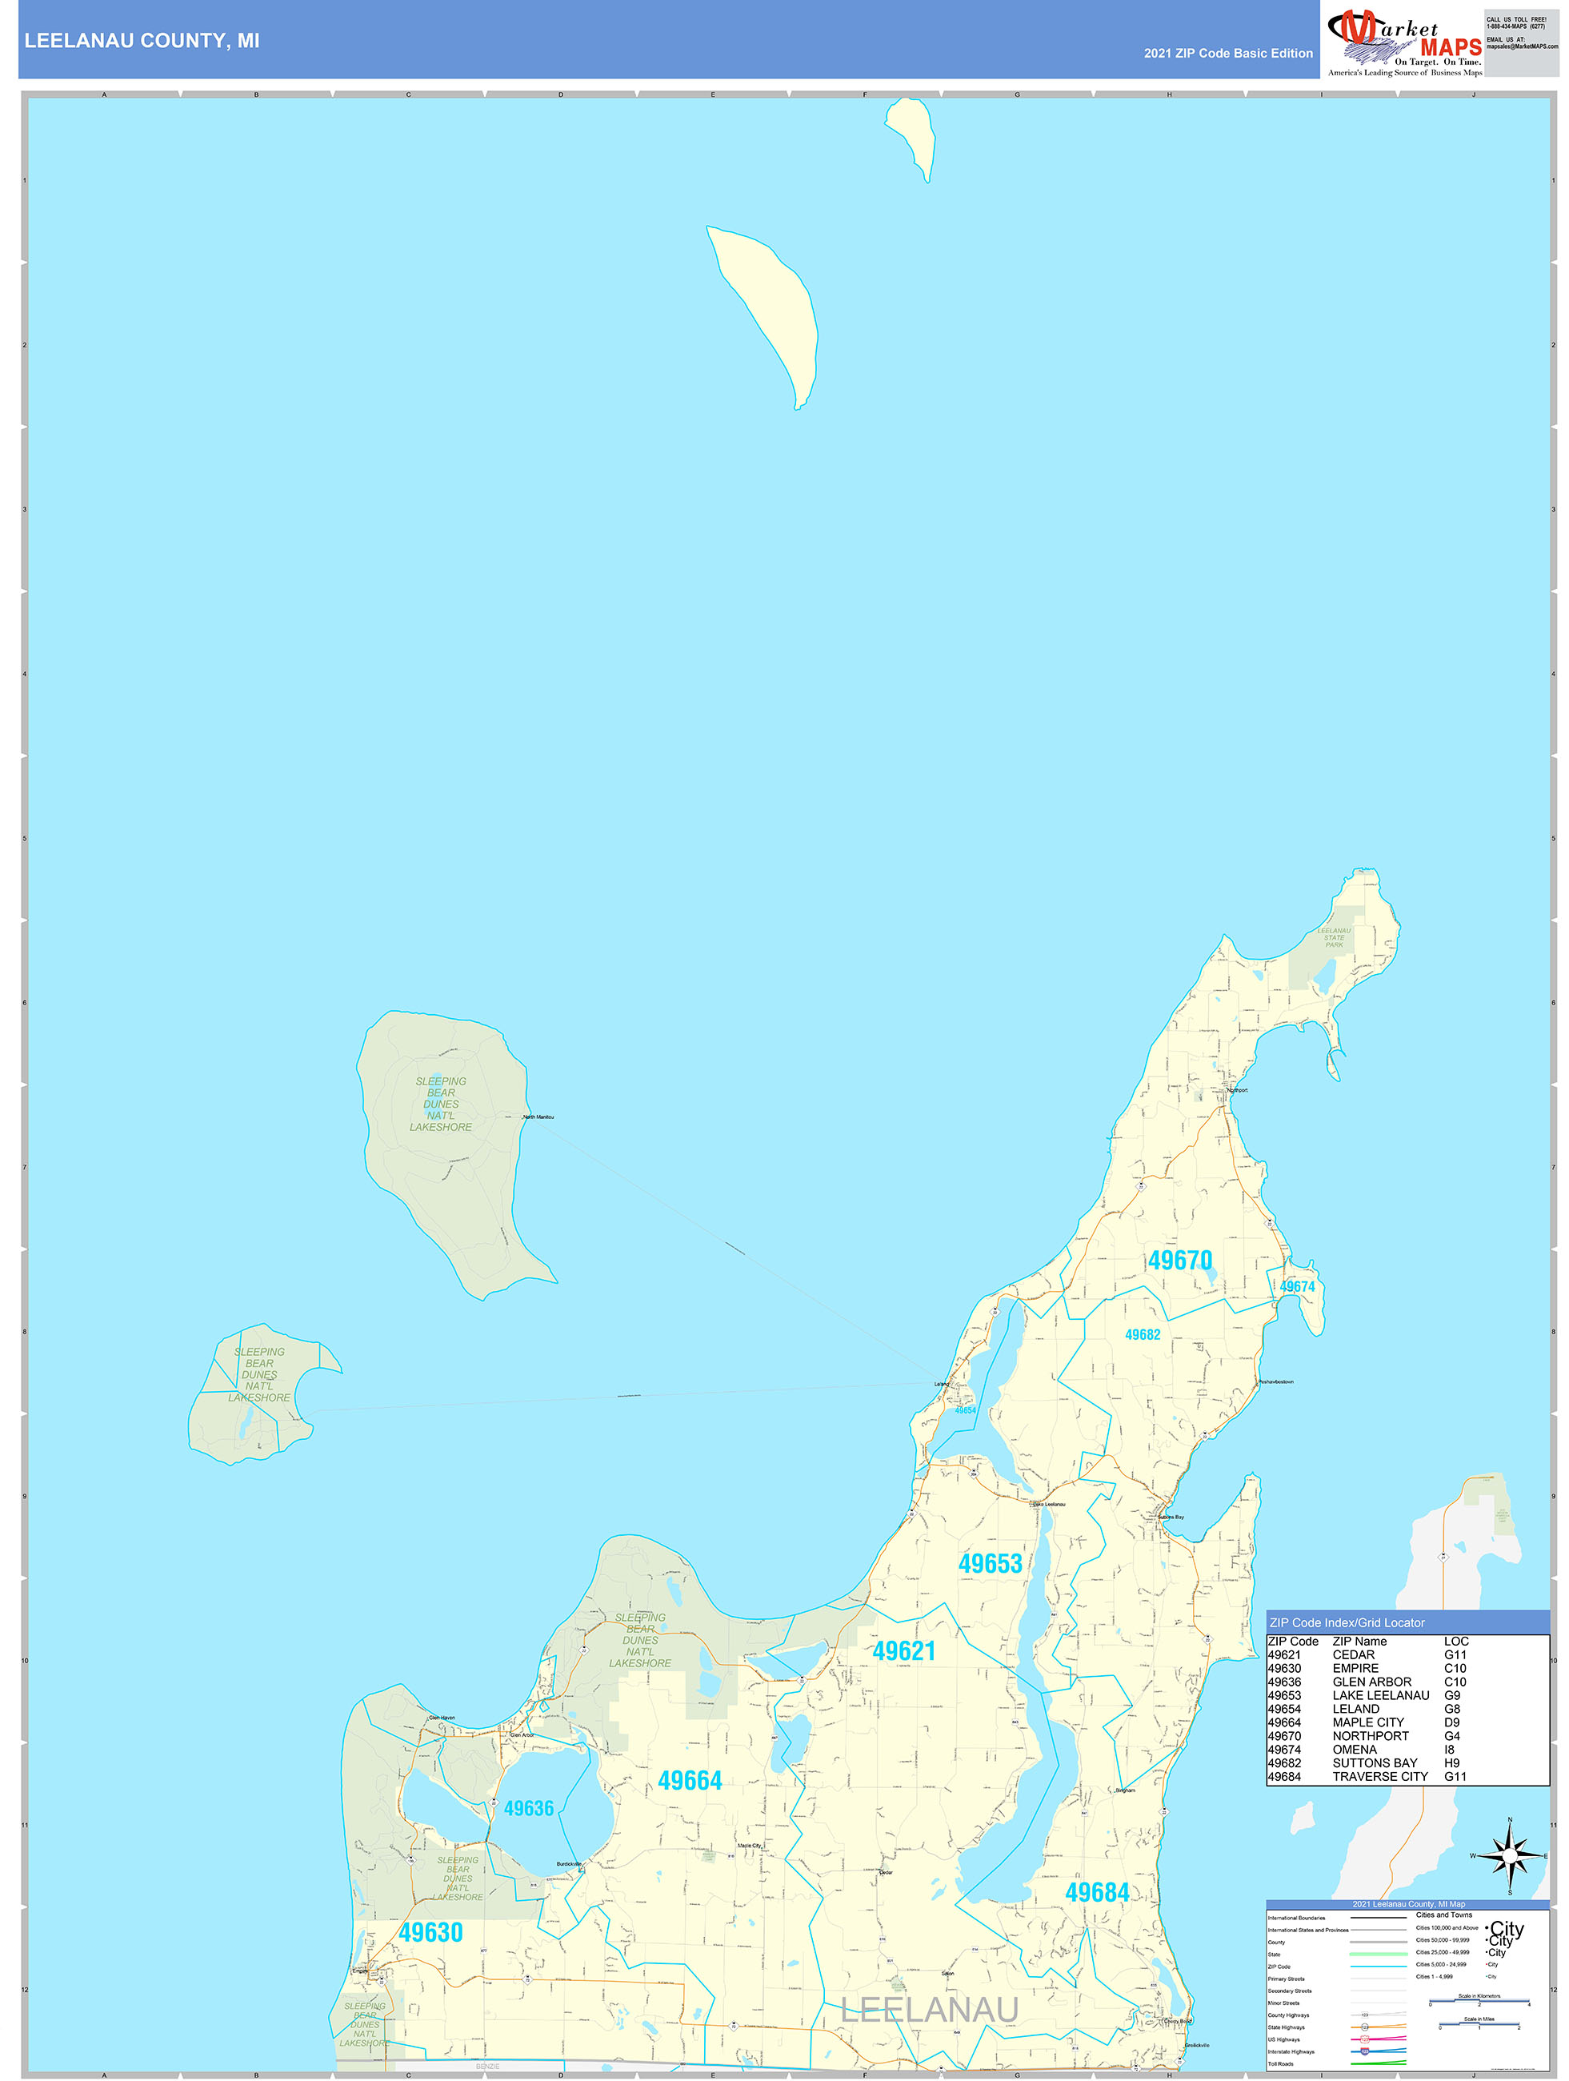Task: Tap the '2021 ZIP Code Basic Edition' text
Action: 1227,54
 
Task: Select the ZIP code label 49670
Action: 1179,1261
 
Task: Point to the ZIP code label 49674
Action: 1296,1287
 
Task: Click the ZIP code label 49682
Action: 1142,1335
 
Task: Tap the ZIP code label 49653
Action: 990,1565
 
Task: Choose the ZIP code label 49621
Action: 903,1651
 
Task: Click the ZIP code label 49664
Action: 690,1781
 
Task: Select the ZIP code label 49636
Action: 528,1808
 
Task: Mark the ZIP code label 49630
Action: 430,1932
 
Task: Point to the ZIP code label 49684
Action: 1096,1893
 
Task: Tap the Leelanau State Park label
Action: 1333,938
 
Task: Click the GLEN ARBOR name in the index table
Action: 1371,1682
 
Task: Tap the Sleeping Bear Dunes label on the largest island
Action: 440,1104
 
